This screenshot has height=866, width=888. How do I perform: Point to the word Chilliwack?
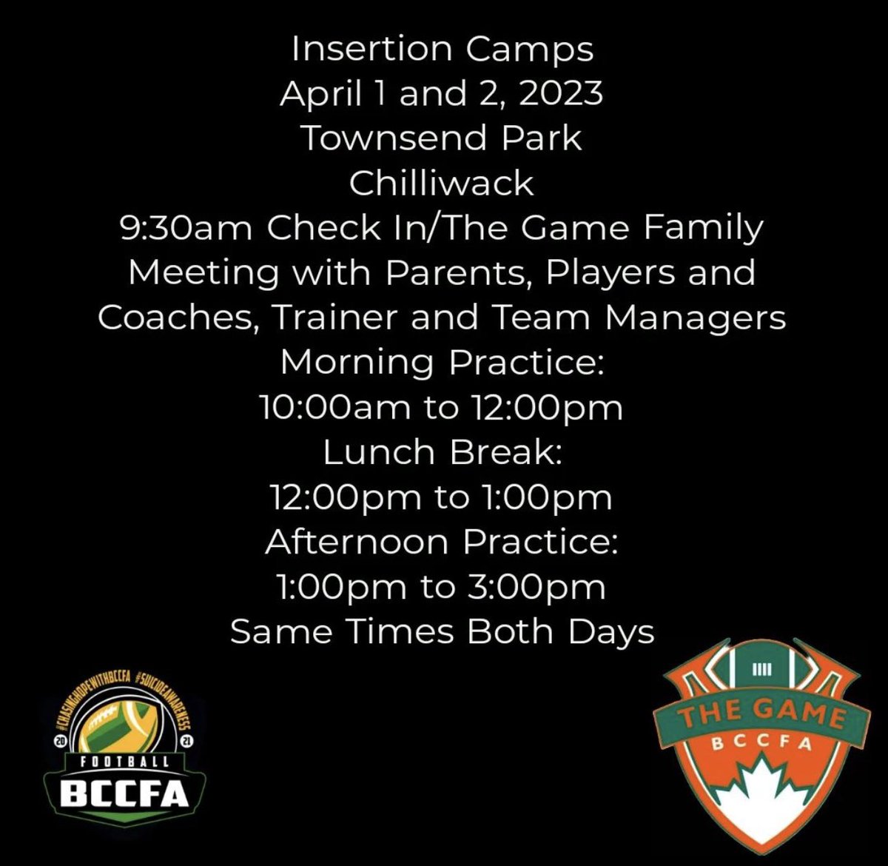pos(442,184)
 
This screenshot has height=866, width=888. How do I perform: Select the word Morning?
pos(357,363)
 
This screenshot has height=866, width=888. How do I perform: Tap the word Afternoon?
pos(357,542)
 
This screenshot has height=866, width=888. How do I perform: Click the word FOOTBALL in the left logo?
pos(124,761)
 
